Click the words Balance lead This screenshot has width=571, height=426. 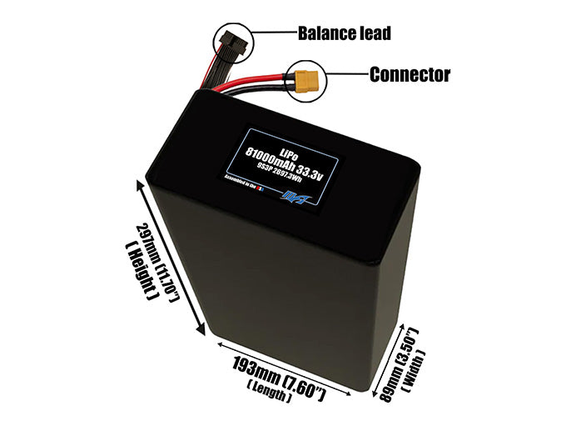pos(344,34)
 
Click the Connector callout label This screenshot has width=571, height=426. pos(410,75)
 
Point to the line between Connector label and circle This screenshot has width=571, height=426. pos(347,75)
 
